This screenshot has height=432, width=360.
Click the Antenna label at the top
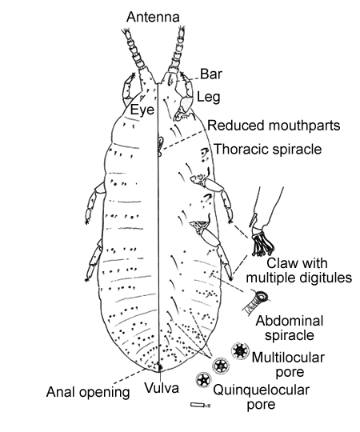(x=153, y=17)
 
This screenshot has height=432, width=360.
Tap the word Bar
(x=211, y=74)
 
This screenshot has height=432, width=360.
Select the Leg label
(x=209, y=98)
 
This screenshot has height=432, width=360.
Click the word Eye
(x=142, y=110)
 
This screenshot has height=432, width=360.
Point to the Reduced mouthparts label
(x=274, y=126)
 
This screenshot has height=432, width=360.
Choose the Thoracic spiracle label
(x=268, y=149)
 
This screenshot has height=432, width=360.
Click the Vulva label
(x=162, y=388)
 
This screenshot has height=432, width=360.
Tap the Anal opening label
(x=88, y=392)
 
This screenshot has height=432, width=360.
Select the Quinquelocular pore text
(x=261, y=398)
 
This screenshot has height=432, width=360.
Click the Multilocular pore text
(x=288, y=365)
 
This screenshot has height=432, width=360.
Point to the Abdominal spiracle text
(x=290, y=328)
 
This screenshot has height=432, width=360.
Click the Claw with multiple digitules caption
(x=299, y=270)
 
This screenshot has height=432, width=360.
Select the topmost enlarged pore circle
(x=240, y=350)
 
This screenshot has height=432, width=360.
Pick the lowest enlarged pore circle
(x=203, y=380)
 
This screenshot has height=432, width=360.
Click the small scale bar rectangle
(x=198, y=405)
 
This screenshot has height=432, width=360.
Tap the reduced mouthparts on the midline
(x=160, y=144)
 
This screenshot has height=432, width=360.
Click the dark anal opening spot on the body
(x=159, y=366)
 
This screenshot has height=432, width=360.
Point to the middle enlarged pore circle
(x=221, y=366)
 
